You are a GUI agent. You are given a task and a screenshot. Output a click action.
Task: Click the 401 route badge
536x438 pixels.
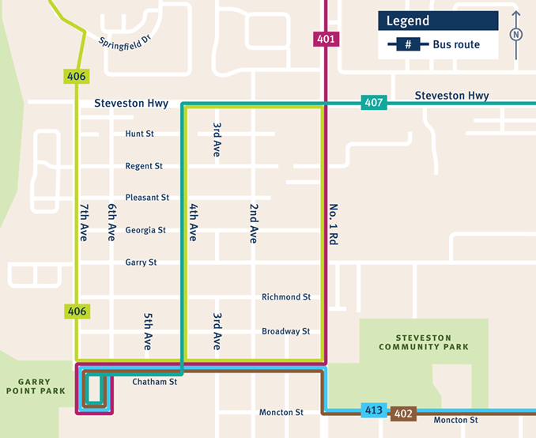(327, 39)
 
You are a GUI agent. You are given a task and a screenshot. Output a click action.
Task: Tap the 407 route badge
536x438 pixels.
(373, 103)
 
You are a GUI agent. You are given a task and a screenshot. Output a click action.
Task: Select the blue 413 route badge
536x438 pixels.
(374, 410)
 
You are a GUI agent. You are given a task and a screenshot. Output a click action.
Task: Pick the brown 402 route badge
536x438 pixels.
(403, 413)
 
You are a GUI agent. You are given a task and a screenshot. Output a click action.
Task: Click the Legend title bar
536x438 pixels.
(438, 21)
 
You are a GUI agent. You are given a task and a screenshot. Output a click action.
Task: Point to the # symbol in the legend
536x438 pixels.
(408, 45)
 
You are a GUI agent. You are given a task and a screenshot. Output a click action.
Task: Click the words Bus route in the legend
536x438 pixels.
(456, 45)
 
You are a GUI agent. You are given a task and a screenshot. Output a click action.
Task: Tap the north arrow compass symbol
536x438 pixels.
(516, 35)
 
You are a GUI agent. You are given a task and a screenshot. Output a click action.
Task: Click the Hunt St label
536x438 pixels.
(140, 134)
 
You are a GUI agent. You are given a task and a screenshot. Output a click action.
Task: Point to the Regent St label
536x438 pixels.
(144, 166)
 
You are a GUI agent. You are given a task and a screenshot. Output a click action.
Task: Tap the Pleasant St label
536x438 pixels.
(147, 198)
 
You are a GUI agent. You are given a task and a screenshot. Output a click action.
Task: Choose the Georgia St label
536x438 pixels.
(145, 230)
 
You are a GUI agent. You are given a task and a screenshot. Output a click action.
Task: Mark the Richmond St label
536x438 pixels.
(286, 296)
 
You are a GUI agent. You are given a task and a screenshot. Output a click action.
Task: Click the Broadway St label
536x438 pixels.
(285, 331)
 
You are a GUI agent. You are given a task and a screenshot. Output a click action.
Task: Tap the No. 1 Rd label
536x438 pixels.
(333, 225)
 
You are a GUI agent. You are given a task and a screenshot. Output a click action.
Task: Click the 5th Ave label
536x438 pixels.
(148, 332)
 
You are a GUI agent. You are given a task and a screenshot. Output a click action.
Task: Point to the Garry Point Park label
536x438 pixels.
(29, 386)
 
